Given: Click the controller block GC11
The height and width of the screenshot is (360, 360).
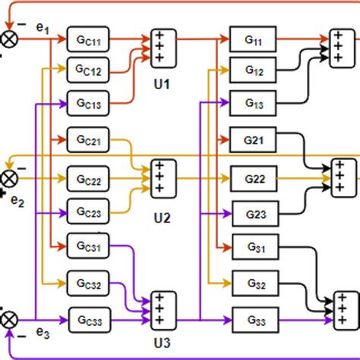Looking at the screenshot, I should pos(88,37).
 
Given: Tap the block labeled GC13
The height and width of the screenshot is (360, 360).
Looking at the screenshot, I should pos(88,103).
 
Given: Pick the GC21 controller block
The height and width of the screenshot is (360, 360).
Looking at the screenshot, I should pos(88,141).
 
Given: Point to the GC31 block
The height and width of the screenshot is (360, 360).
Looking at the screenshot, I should pos(88,246).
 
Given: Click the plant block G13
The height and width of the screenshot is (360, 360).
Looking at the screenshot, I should pos(253,103).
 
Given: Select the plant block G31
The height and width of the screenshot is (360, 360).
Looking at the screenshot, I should pos(254,248).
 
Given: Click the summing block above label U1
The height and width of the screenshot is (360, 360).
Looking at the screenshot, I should pos(162,46).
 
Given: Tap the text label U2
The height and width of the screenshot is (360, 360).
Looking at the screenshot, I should pos(162,219).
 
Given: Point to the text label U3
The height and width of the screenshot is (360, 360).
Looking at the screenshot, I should pos(162,342).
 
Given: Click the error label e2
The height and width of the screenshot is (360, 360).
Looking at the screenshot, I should pos(17,202).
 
